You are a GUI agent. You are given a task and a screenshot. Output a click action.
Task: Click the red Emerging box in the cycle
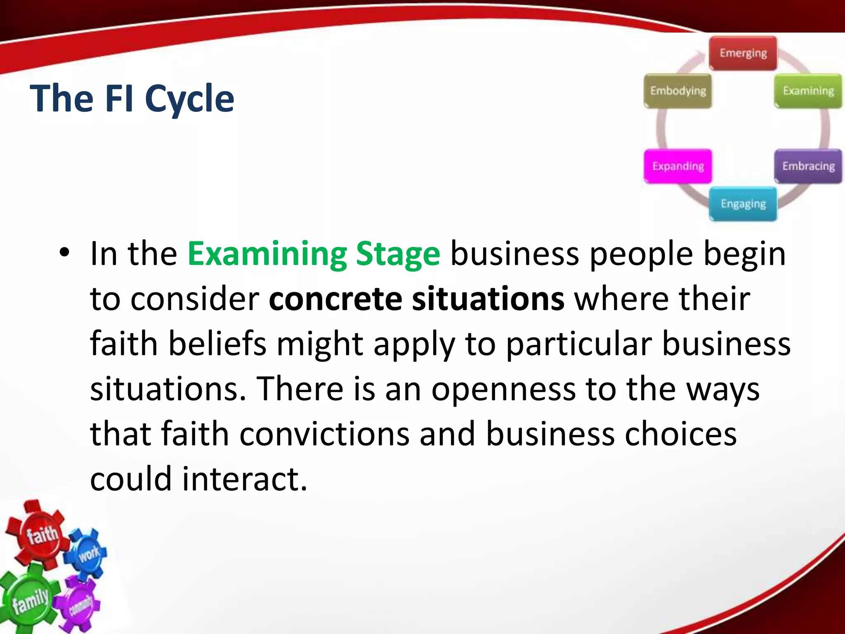[x=743, y=53]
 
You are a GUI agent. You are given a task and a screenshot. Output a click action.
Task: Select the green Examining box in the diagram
[x=808, y=91]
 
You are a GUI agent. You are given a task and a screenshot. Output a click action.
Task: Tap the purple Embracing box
[x=808, y=166]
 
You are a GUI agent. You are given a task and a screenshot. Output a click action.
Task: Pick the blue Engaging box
[x=743, y=204]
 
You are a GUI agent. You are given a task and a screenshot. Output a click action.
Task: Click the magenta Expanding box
[x=678, y=166]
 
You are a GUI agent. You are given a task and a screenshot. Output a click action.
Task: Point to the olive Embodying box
[x=678, y=91]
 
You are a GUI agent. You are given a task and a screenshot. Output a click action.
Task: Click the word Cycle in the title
[x=189, y=99]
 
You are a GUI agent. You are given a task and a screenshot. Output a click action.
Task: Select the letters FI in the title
[x=119, y=99]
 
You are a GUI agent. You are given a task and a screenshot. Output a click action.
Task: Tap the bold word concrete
[x=335, y=299]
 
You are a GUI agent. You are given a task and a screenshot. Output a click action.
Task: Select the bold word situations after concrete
[x=488, y=299]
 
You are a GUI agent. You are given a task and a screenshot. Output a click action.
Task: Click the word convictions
[x=324, y=434]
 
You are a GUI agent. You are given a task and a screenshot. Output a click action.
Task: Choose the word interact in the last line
[x=244, y=479]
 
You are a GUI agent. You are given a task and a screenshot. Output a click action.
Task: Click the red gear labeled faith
[x=41, y=535]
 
